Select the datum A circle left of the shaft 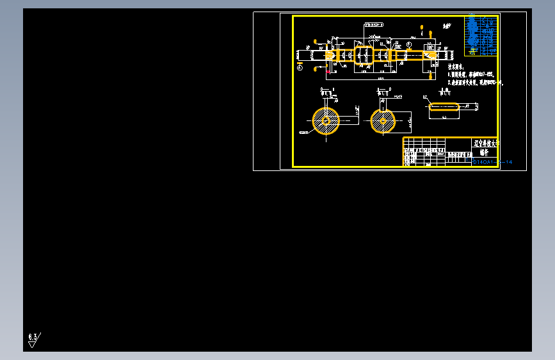click(x=300, y=66)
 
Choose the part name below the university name click(x=483, y=153)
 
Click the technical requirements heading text click(x=455, y=67)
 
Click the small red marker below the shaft click(x=328, y=72)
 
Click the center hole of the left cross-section click(x=326, y=120)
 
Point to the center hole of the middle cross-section click(x=383, y=120)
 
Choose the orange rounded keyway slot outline click(x=444, y=107)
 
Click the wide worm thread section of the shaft click(x=364, y=55)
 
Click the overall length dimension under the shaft click(x=380, y=78)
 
